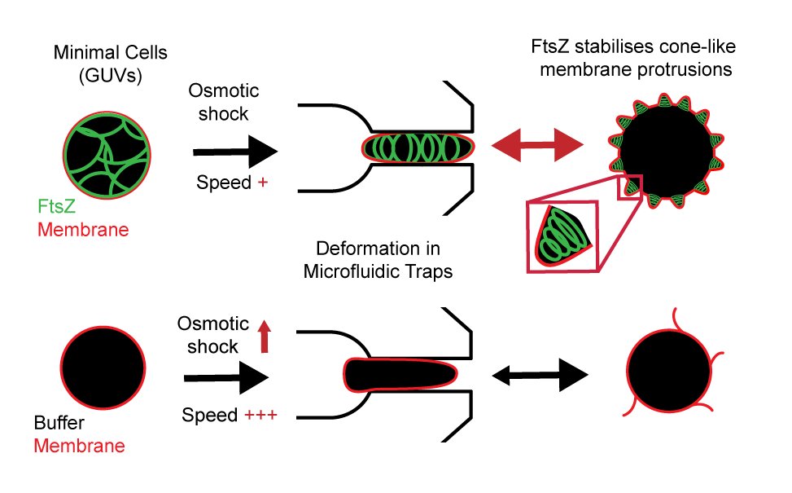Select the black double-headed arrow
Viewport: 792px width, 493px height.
coord(540,376)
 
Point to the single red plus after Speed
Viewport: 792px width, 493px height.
coord(262,183)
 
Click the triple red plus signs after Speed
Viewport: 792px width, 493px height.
coord(260,416)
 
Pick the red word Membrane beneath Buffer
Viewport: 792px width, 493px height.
coord(80,446)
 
